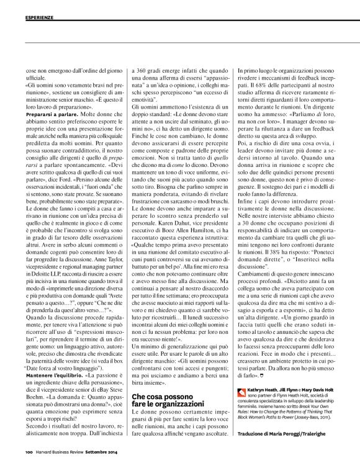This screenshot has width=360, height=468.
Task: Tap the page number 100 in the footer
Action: click(29, 452)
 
